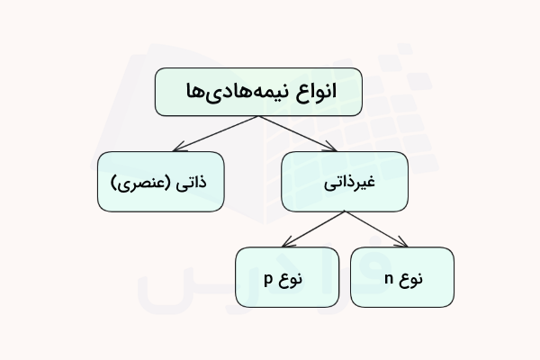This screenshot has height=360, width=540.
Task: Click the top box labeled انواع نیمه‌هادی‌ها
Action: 258,93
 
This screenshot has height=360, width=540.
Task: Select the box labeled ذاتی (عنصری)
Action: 161,183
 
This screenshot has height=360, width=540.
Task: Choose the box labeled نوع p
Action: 286,277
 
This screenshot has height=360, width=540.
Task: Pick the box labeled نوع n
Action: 401,277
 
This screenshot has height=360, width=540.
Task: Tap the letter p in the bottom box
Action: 268,278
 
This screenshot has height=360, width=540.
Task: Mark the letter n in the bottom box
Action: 388,278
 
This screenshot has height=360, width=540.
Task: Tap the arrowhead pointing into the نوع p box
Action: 284,244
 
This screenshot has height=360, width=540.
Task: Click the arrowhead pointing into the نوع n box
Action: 403,242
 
